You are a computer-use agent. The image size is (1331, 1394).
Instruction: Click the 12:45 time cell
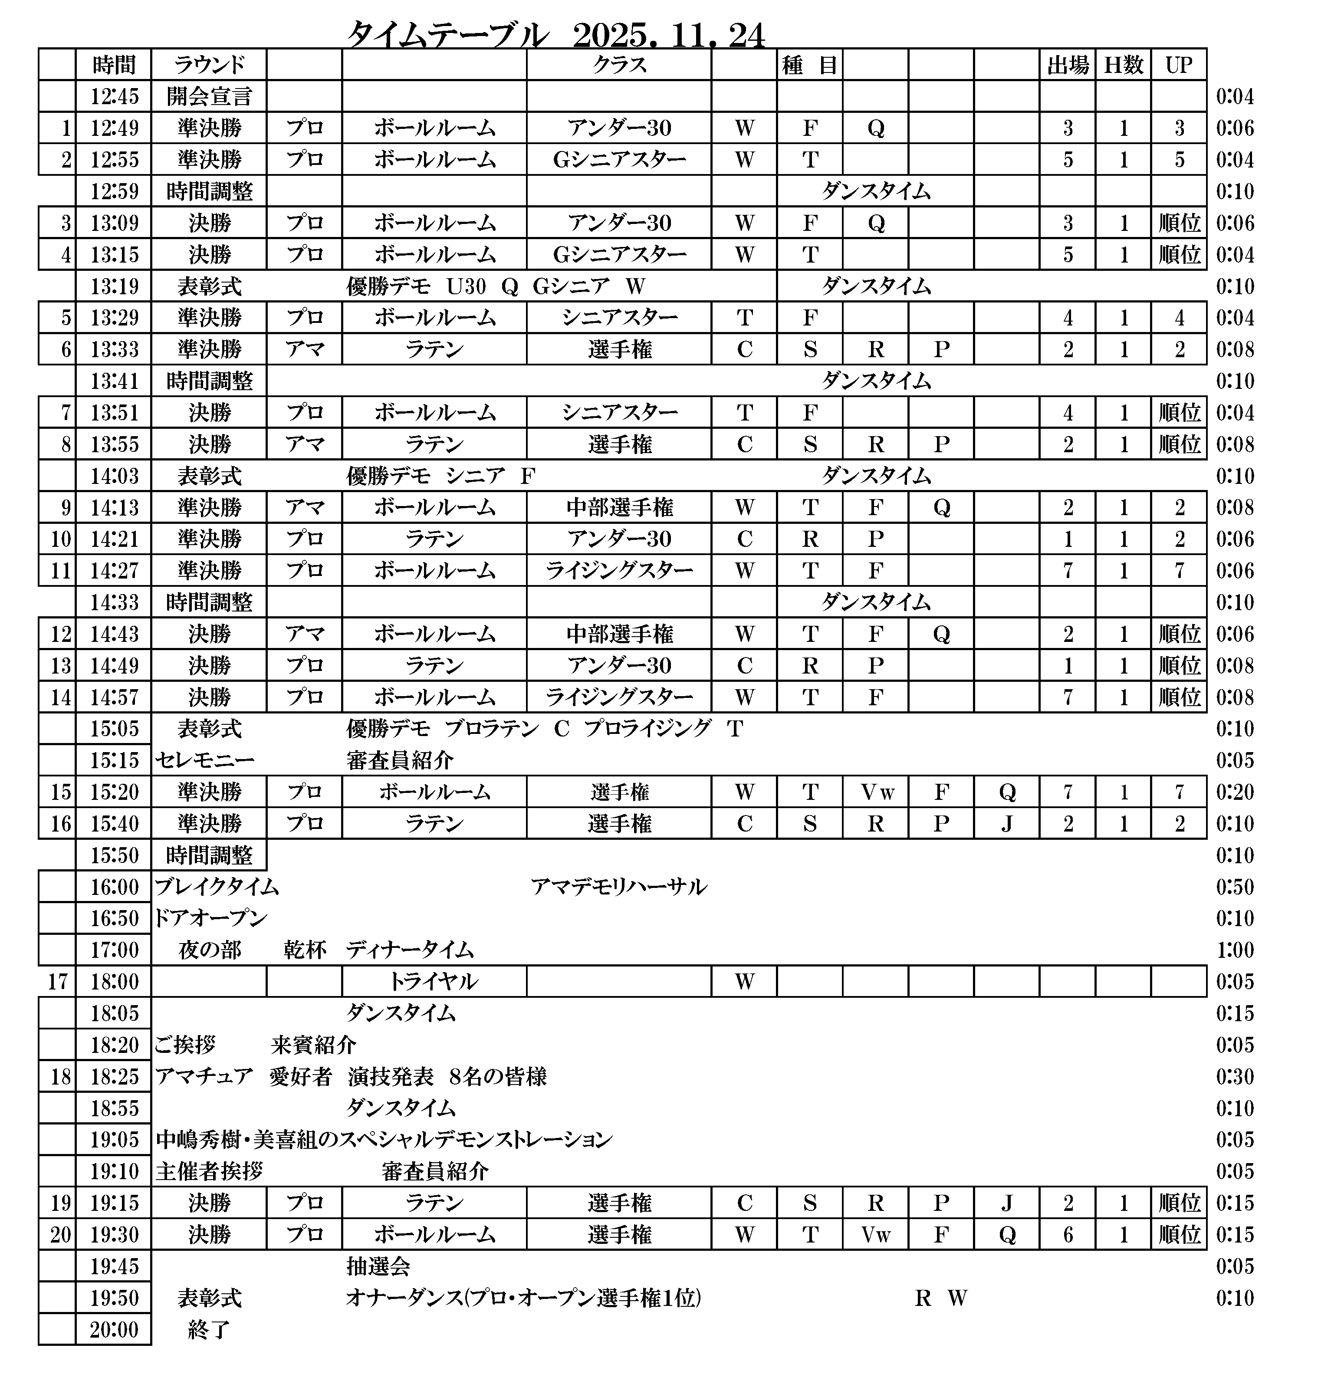coord(114,96)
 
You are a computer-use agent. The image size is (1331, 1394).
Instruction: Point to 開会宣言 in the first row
coord(209,96)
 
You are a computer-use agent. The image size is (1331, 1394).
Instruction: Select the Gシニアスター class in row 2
coord(619,160)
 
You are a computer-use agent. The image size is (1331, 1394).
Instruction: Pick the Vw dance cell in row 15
coord(876,792)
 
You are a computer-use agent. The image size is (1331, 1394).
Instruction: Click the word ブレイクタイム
coord(217,887)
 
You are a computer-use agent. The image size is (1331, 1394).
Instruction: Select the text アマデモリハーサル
coord(619,887)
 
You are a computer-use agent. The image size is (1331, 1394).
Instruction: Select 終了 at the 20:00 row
coord(209,1329)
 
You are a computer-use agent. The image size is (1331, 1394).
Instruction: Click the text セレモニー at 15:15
coord(204,760)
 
